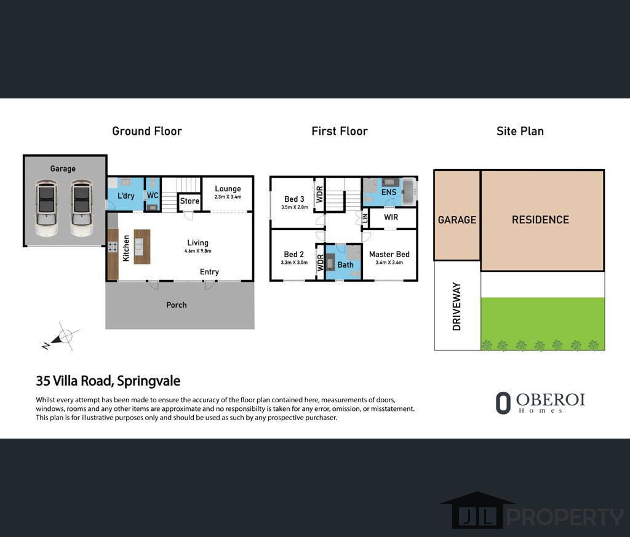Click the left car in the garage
pyautogui.click(x=46, y=207)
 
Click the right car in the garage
pyautogui.click(x=81, y=207)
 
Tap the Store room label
pyautogui.click(x=189, y=201)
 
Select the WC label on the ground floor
pyautogui.click(x=153, y=196)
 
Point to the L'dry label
pyautogui.click(x=126, y=196)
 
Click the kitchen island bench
pyautogui.click(x=142, y=246)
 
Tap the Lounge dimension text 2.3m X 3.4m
pyautogui.click(x=228, y=197)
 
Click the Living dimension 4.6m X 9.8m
pyautogui.click(x=197, y=251)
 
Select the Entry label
pyautogui.click(x=209, y=272)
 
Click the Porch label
pyautogui.click(x=176, y=305)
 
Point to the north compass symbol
pyautogui.click(x=62, y=337)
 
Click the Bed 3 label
pyautogui.click(x=294, y=199)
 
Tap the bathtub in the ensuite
pyautogui.click(x=409, y=191)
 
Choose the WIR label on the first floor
pyautogui.click(x=391, y=218)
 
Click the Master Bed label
pyautogui.click(x=389, y=254)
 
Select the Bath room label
pyautogui.click(x=345, y=265)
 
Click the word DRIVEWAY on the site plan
pyautogui.click(x=457, y=306)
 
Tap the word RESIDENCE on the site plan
pyautogui.click(x=540, y=220)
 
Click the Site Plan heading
pyautogui.click(x=520, y=131)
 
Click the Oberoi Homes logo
pyautogui.click(x=540, y=402)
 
